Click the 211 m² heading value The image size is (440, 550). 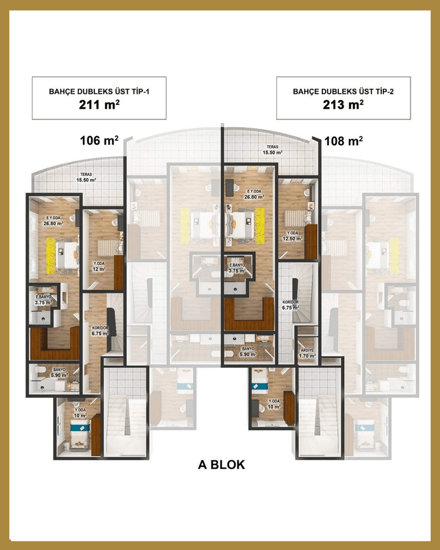pyautogui.click(x=99, y=105)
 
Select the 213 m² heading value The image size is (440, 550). pyautogui.click(x=343, y=105)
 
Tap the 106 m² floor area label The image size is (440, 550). pyautogui.click(x=100, y=140)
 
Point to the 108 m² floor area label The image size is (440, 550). pyautogui.click(x=344, y=141)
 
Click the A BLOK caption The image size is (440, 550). pyautogui.click(x=222, y=464)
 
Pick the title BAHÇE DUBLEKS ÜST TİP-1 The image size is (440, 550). pyautogui.click(x=99, y=91)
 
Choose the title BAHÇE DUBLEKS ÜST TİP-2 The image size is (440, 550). pyautogui.click(x=343, y=91)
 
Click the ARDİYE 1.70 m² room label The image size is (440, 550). pyautogui.click(x=307, y=353)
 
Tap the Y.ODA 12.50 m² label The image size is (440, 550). pyautogui.click(x=293, y=236)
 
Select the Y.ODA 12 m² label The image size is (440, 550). pyautogui.click(x=99, y=266)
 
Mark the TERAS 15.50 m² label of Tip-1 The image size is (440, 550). pyautogui.click(x=86, y=177)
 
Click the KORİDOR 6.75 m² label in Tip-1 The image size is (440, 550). pyautogui.click(x=100, y=331)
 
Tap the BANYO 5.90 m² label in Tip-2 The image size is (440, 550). pyautogui.click(x=248, y=351)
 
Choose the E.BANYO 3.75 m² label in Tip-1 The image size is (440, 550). pyautogui.click(x=43, y=300)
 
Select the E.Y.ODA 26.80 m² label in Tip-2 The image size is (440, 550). pyautogui.click(x=254, y=194)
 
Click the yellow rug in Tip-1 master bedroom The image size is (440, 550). pyautogui.click(x=51, y=256)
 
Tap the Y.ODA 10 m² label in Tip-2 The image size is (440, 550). pyautogui.click(x=274, y=404)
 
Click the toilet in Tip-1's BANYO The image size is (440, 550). pyautogui.click(x=39, y=370)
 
